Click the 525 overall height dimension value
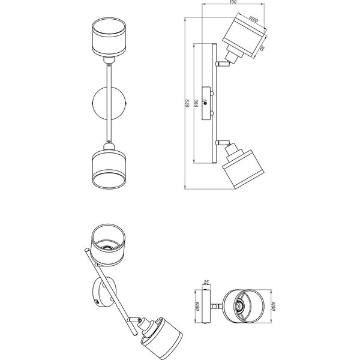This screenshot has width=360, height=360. click(x=188, y=104)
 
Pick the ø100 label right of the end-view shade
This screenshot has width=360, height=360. click(x=271, y=308)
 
